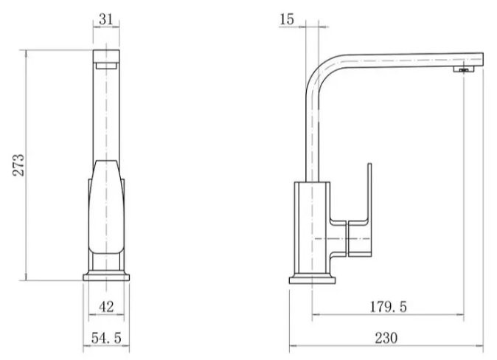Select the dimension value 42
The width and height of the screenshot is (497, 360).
click(105, 307)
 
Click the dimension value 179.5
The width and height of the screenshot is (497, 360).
click(386, 305)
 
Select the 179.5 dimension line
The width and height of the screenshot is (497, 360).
click(386, 315)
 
